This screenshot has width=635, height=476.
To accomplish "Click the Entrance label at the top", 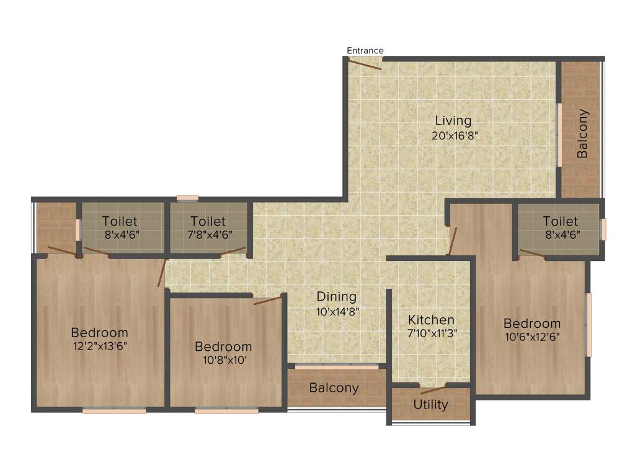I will click(x=365, y=50).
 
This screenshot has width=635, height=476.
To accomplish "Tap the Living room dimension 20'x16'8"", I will click(x=454, y=135).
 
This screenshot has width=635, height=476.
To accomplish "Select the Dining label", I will click(x=337, y=296).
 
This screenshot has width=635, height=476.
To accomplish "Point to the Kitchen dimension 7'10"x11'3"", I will click(x=432, y=333).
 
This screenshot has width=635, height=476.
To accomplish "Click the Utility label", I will click(x=430, y=405).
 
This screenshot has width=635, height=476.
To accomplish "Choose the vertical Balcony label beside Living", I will click(x=582, y=133).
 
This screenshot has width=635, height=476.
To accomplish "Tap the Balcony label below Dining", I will click(x=334, y=388).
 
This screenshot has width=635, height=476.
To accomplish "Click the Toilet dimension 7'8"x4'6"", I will click(x=208, y=235).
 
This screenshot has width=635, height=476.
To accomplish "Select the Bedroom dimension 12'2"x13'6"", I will click(x=99, y=346).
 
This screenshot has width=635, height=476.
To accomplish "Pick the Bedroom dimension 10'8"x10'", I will click(x=223, y=360).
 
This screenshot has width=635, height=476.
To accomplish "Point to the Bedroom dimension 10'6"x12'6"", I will click(x=531, y=337).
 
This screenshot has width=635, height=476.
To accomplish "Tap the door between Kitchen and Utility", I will click(x=432, y=390).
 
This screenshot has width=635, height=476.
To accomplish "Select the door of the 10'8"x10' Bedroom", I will click(x=267, y=301).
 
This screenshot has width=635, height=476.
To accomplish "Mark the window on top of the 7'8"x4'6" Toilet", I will click(x=187, y=198).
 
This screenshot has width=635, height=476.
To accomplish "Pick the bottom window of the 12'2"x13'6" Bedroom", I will click(x=114, y=410).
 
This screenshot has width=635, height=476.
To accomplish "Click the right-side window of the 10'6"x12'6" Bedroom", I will click(x=588, y=324).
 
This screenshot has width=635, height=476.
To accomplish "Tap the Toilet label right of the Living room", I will click(x=560, y=221).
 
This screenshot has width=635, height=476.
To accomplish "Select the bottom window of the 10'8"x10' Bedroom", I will click(x=226, y=410).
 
